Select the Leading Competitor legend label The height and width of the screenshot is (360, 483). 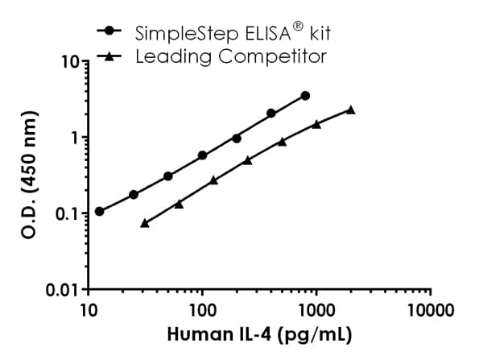click(231, 56)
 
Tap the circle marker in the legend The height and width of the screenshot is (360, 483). click(109, 31)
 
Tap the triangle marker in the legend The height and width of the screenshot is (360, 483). click(109, 56)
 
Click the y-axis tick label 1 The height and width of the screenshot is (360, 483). click(73, 138)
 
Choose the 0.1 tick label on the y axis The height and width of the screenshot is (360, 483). click(68, 213)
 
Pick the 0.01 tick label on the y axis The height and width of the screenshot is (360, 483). click(64, 289)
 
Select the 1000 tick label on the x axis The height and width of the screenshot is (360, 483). click(316, 310)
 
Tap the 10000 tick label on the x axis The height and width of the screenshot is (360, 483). click(430, 310)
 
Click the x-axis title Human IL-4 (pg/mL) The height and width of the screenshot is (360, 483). click(259, 333)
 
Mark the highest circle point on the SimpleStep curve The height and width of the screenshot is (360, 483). click(305, 95)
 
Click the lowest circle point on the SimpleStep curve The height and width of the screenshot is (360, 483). click(99, 211)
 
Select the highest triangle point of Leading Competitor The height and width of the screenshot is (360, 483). click(351, 110)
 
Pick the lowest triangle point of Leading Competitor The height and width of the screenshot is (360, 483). click(145, 222)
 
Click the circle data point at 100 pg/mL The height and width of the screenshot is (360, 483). click(202, 155)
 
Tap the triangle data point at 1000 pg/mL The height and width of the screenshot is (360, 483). click(316, 124)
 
